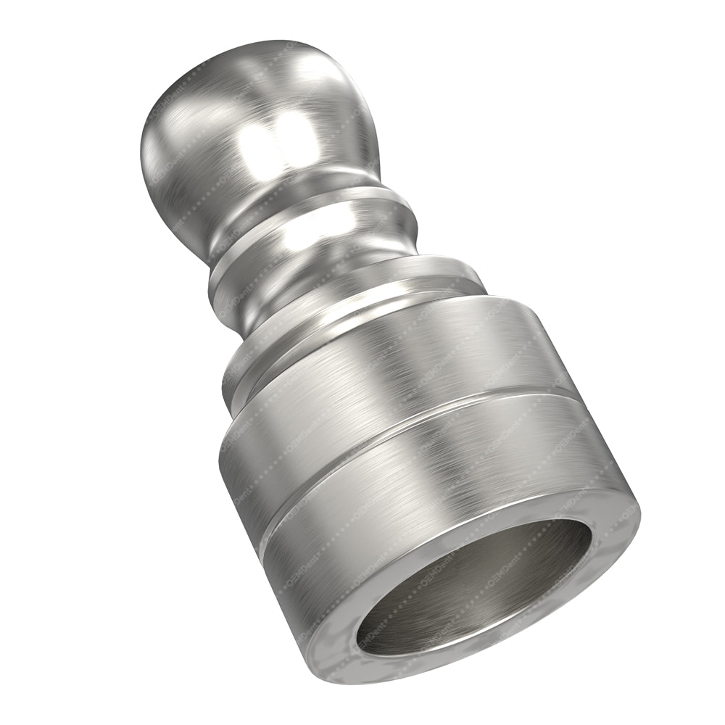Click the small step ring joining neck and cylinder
(333, 341)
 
